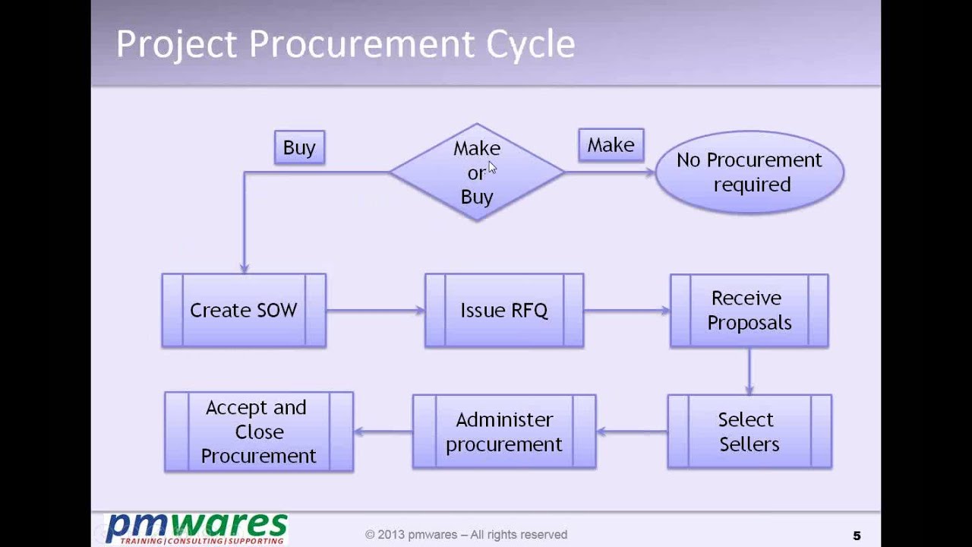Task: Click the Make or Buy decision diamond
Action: tap(477, 172)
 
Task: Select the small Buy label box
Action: tap(299, 147)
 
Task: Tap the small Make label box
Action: tap(611, 145)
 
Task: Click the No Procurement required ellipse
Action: tap(749, 172)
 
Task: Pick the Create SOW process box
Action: tap(244, 311)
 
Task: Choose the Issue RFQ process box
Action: tap(504, 311)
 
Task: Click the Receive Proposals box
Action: tap(749, 311)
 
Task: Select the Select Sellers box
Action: tap(749, 432)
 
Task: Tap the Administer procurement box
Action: tap(504, 432)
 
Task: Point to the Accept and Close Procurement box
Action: tap(259, 432)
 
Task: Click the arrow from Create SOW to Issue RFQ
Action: tap(375, 310)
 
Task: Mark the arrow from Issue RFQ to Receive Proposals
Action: tap(626, 310)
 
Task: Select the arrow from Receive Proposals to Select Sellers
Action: tap(750, 371)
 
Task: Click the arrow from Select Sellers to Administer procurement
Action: tap(632, 432)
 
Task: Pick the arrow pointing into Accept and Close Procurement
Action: tap(383, 432)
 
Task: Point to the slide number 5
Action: tap(857, 536)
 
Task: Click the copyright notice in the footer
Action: tap(465, 535)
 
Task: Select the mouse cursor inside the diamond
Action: tap(492, 168)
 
